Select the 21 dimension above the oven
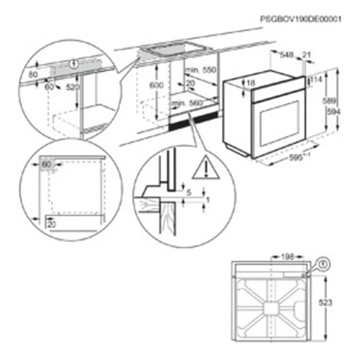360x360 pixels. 307,55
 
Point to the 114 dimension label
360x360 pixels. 318,80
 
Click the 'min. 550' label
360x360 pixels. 201,70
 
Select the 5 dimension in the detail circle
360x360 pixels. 189,192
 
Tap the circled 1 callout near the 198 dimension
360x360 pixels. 323,264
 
